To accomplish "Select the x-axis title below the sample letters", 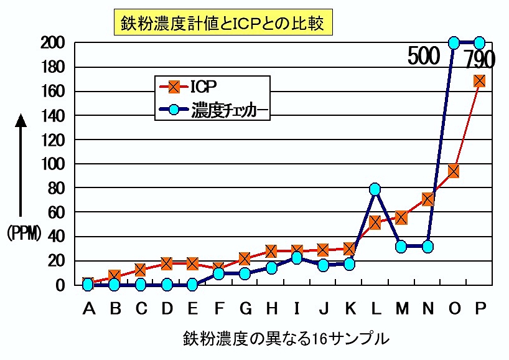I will [286, 339].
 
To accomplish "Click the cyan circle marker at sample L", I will [375, 189].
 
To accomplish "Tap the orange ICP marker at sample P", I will [480, 81].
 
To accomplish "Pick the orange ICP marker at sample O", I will [454, 171].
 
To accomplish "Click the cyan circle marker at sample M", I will [401, 246].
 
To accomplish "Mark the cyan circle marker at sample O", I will [454, 43].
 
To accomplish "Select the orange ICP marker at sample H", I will [271, 251].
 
